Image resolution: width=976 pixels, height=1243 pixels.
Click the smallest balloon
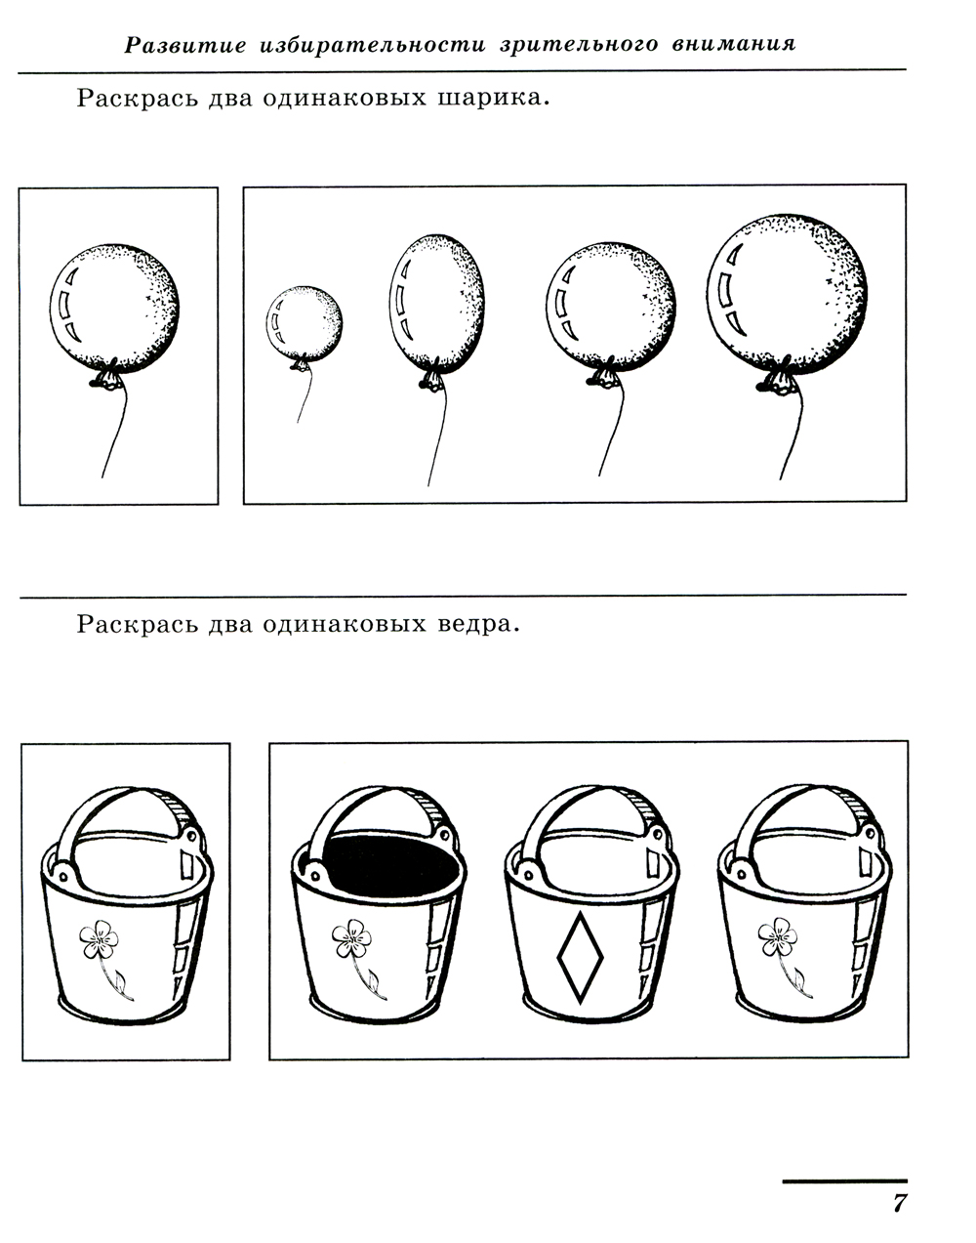(x=305, y=324)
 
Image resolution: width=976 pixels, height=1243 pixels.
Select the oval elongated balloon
(x=437, y=303)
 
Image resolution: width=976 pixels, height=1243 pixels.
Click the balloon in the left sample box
(x=114, y=309)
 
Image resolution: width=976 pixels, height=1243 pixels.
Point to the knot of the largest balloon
(x=778, y=380)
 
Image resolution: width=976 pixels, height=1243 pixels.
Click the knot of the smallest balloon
(x=301, y=364)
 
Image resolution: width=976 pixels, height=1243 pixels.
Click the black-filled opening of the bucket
(x=391, y=866)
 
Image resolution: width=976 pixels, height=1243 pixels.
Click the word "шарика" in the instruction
(x=494, y=99)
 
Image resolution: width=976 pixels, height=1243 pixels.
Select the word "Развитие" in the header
(x=185, y=45)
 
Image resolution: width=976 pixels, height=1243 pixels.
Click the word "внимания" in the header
(x=734, y=44)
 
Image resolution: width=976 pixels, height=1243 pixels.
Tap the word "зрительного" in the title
(x=579, y=44)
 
